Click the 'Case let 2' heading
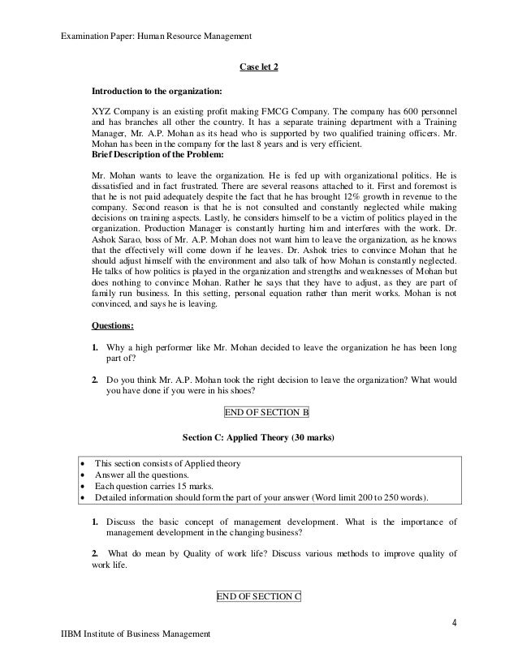tap(259, 67)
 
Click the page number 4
tap(455, 623)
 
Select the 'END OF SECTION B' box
tap(266, 412)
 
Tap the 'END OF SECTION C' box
tap(258, 596)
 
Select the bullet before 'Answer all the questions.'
tap(84, 474)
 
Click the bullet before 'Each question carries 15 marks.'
tap(84, 485)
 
